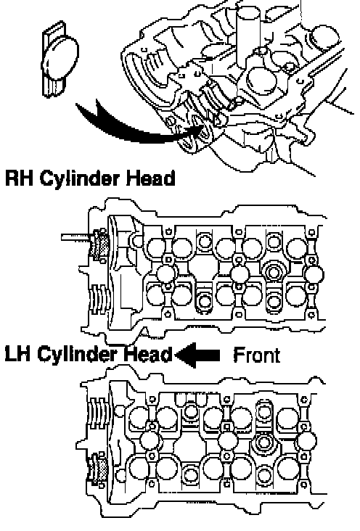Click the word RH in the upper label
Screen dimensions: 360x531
(x=20, y=178)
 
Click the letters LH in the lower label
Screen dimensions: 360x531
(x=17, y=355)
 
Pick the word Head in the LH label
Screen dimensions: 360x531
(x=148, y=355)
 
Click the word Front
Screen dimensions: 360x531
(x=257, y=355)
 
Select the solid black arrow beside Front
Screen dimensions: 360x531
(x=197, y=355)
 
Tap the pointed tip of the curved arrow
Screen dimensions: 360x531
(x=205, y=125)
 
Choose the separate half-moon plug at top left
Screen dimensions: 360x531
(x=60, y=60)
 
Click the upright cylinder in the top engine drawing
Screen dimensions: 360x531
(x=248, y=37)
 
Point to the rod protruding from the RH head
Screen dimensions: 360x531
(x=77, y=236)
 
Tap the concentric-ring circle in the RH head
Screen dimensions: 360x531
(x=273, y=271)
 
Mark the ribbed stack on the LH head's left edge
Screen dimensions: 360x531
(x=97, y=412)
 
